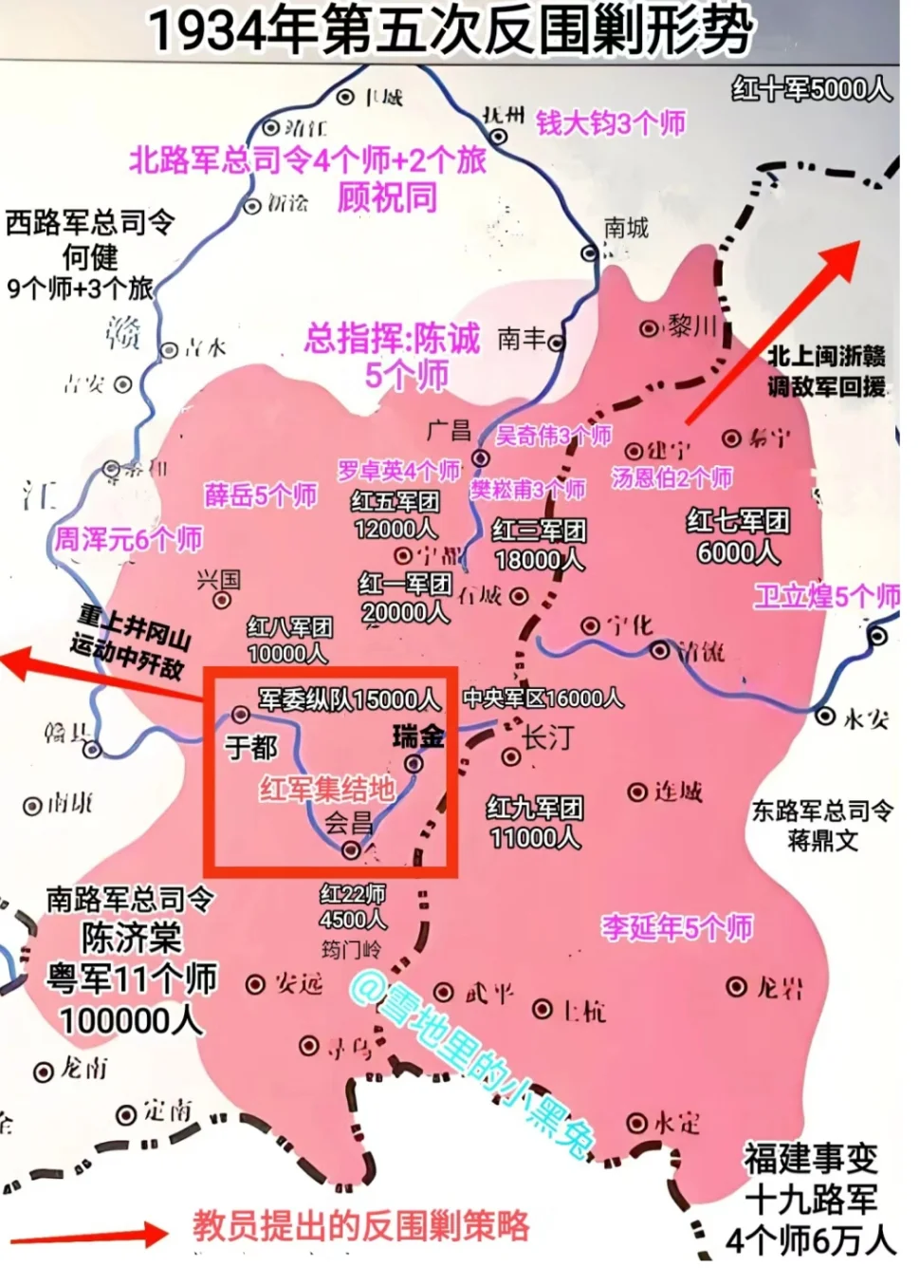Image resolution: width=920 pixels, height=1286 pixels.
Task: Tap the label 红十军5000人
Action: [811, 89]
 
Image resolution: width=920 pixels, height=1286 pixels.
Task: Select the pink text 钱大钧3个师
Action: [611, 123]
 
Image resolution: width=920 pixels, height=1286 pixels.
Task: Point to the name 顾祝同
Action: [387, 197]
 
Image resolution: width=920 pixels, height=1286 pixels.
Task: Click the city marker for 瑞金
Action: [414, 763]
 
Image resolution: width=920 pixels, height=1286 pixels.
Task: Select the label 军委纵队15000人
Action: [349, 700]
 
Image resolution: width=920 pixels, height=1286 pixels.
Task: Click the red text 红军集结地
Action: [327, 788]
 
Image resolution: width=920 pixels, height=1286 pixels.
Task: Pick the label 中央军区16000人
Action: [543, 699]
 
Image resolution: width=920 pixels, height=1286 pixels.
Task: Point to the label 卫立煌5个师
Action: [826, 596]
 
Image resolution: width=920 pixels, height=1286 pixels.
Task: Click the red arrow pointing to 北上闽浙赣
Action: [773, 332]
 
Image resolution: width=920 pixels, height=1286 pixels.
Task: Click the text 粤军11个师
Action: [132, 978]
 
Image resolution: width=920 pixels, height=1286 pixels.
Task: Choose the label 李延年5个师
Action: [676, 926]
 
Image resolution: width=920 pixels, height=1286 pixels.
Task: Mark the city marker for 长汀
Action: [510, 756]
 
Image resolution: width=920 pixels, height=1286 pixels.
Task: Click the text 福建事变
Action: [810, 1159]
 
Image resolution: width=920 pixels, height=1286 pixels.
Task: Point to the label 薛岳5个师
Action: [261, 495]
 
